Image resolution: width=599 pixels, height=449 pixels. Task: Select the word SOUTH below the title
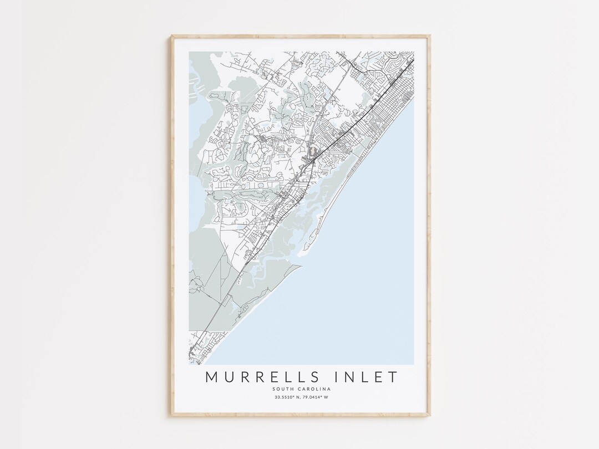pyautogui.click(x=282, y=389)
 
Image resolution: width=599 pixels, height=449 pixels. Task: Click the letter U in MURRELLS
pyautogui.click(x=229, y=377)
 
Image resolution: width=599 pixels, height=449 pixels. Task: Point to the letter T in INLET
pyautogui.click(x=393, y=377)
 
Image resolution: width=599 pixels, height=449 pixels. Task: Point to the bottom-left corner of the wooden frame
pyautogui.click(x=172, y=414)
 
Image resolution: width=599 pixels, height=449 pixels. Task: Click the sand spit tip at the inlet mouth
pyautogui.click(x=300, y=256)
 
